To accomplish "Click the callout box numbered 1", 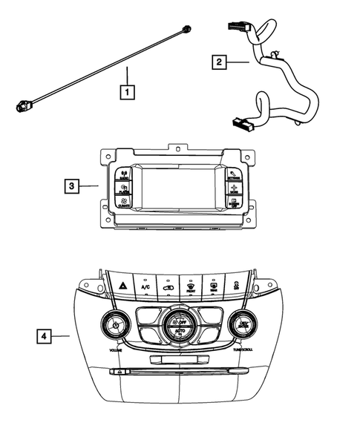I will (128, 93).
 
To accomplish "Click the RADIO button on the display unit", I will (123, 176).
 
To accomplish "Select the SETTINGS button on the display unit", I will (235, 175).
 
